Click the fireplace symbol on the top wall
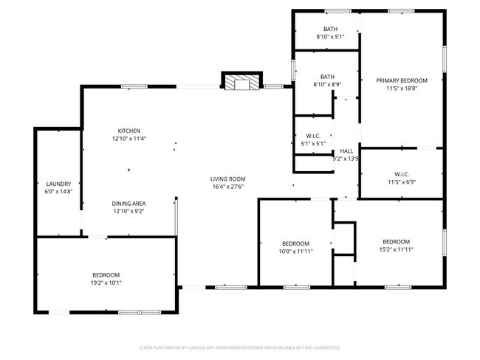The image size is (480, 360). pyautogui.click(x=241, y=82)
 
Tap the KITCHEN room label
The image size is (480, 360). pyautogui.click(x=129, y=131)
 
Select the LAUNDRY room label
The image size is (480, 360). pyautogui.click(x=58, y=184)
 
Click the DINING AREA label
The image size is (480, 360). pyautogui.click(x=128, y=204)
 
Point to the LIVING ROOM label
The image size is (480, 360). pyautogui.click(x=227, y=179)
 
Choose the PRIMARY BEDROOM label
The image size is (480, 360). pyautogui.click(x=402, y=80)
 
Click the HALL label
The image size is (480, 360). pyautogui.click(x=346, y=150)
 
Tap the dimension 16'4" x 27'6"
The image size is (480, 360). pyautogui.click(x=227, y=187)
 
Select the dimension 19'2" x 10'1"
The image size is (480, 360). pyautogui.click(x=106, y=283)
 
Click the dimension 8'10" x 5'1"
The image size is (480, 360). pyautogui.click(x=330, y=37)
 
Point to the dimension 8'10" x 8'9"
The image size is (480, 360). pyautogui.click(x=328, y=84)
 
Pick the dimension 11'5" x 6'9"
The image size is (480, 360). pyautogui.click(x=401, y=182)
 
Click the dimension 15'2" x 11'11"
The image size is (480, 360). pyautogui.click(x=396, y=249)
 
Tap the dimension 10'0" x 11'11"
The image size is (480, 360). pyautogui.click(x=295, y=251)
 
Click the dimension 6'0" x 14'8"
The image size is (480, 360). pyautogui.click(x=58, y=192)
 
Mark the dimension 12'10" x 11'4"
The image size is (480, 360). pyautogui.click(x=129, y=139)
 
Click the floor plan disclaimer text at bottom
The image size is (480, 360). pyautogui.click(x=240, y=347)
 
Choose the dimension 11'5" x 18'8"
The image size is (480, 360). pyautogui.click(x=402, y=89)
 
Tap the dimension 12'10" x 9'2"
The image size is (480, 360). pyautogui.click(x=128, y=212)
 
